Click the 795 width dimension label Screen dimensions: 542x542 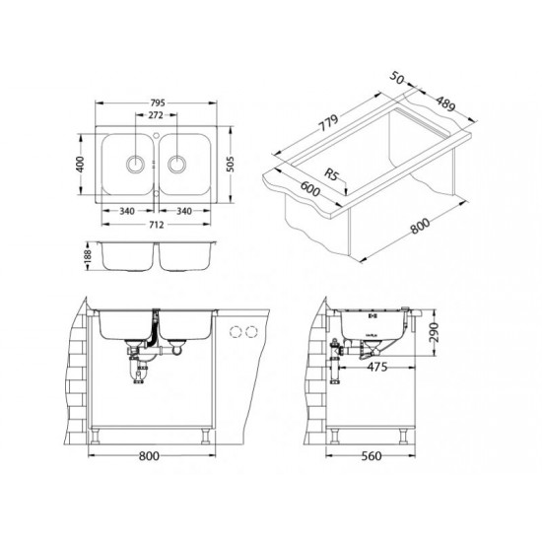(x=158, y=103)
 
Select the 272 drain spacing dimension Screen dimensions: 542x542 (x=156, y=115)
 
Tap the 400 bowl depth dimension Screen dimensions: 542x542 (x=80, y=165)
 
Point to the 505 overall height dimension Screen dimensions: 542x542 (x=231, y=165)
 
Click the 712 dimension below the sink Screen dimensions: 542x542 (x=157, y=225)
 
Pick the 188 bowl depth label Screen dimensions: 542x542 (x=88, y=255)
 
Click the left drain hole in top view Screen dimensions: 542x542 (x=135, y=164)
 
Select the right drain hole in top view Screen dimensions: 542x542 (x=176, y=164)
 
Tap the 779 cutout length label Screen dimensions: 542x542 (x=328, y=123)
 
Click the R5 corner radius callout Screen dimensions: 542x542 (x=331, y=174)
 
